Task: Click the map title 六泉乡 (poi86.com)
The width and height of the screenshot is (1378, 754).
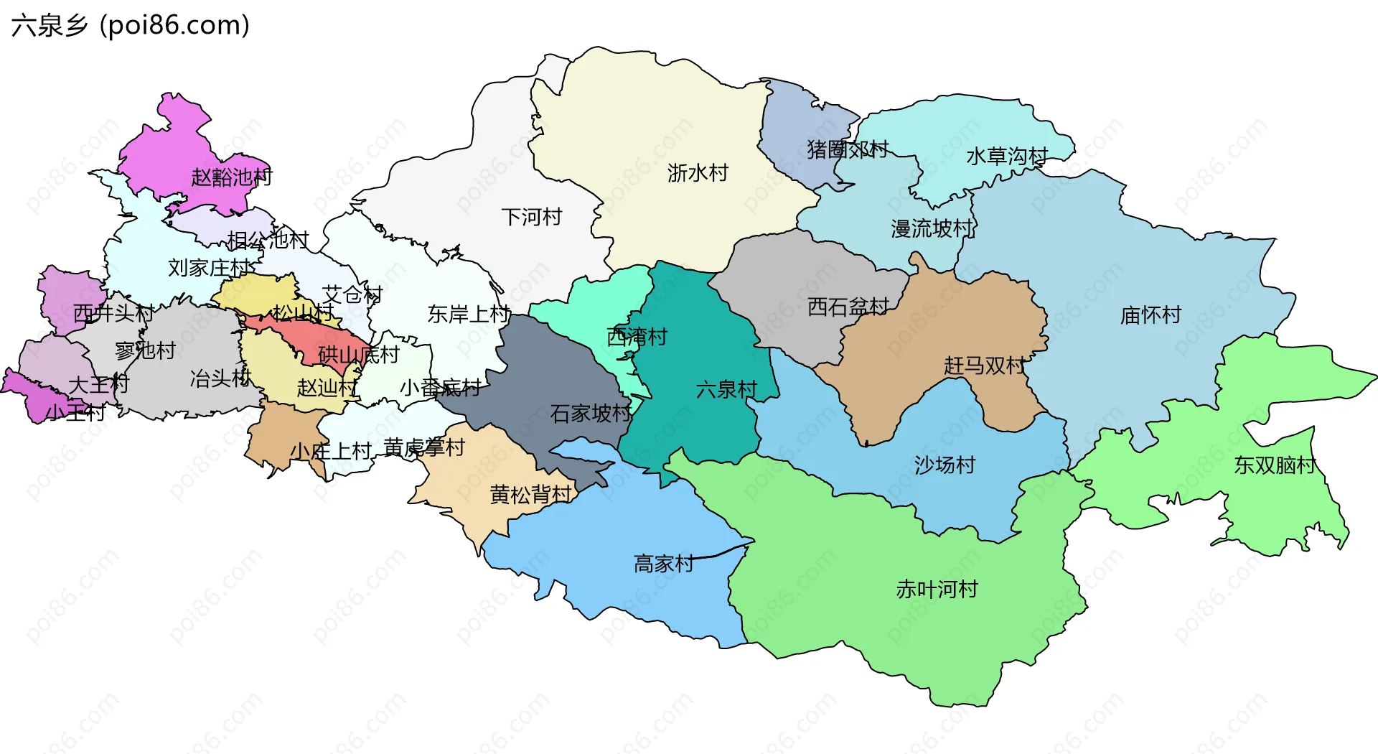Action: click(130, 26)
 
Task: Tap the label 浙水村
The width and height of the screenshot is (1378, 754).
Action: click(698, 173)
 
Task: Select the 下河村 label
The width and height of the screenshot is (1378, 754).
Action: click(531, 217)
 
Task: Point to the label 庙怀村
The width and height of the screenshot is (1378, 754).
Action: click(1150, 315)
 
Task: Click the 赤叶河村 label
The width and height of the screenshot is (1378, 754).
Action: click(937, 590)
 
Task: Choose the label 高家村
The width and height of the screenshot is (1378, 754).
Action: click(664, 564)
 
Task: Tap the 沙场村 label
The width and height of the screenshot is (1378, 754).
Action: click(945, 465)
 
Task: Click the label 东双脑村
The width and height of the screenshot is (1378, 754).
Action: click(1275, 465)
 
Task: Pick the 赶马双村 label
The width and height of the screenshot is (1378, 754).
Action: click(985, 366)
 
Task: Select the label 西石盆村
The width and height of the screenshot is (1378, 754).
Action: click(848, 307)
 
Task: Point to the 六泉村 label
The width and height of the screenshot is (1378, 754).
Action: click(726, 390)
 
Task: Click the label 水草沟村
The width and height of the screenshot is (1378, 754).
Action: click(1007, 156)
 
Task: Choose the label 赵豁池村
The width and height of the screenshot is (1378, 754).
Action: click(232, 177)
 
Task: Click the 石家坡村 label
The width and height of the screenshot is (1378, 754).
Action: click(591, 414)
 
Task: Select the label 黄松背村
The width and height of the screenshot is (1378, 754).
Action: click(530, 495)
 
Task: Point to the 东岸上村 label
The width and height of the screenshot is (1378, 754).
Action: click(469, 314)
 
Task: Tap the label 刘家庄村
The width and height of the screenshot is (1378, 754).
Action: click(209, 268)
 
